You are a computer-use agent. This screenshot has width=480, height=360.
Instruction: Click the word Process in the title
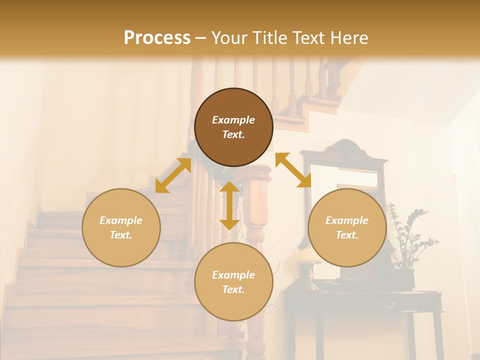click(157, 38)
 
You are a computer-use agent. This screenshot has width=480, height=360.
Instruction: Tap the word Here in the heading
click(348, 38)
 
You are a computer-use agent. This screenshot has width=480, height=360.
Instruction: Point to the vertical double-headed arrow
click(229, 205)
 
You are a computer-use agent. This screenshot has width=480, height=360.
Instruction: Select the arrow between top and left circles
click(173, 175)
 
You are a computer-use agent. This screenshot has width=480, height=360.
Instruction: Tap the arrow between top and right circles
click(293, 170)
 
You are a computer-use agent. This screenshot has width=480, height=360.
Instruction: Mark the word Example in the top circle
click(233, 120)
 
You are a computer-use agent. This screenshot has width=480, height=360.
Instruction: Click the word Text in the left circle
click(121, 235)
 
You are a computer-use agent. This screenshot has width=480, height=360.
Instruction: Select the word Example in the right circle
click(347, 220)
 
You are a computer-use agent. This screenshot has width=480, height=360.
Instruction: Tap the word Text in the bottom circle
click(233, 289)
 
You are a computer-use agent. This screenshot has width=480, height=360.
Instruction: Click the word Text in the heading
click(310, 38)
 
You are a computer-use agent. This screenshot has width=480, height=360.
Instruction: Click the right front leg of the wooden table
click(438, 335)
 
